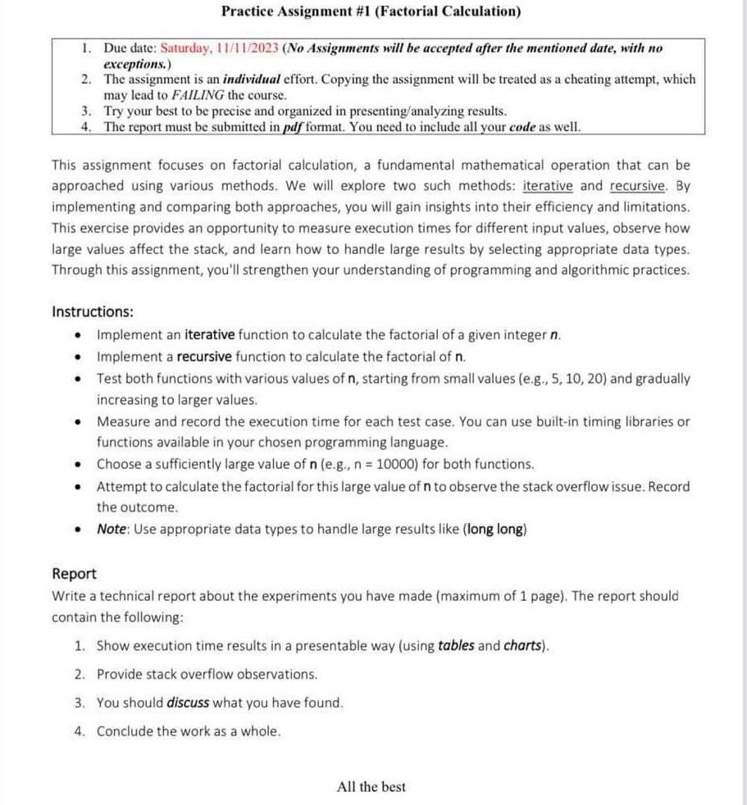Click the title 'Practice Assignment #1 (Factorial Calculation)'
(x=371, y=11)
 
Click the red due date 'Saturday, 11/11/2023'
(x=216, y=49)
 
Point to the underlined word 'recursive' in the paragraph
(x=640, y=186)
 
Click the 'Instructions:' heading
(x=93, y=312)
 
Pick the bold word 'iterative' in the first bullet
(x=210, y=334)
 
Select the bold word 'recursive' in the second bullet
(x=204, y=357)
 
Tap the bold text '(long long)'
(x=495, y=529)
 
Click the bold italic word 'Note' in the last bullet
(x=112, y=529)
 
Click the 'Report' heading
(x=74, y=574)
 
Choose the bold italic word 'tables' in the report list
(x=456, y=645)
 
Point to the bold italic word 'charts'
(x=523, y=645)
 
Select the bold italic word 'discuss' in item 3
(x=188, y=703)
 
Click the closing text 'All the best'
(x=371, y=787)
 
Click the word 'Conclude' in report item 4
(x=125, y=731)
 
